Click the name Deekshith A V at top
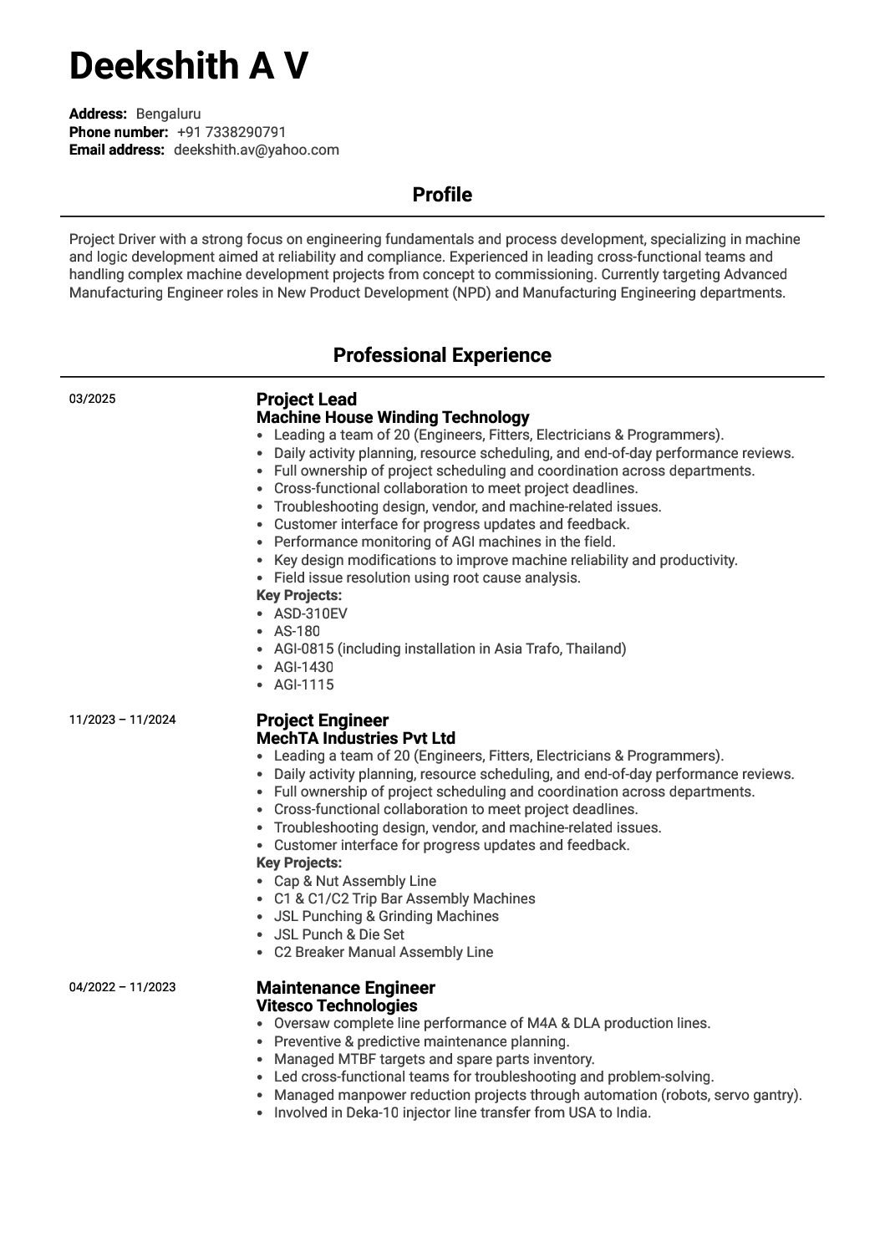point(188,66)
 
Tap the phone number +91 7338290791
point(231,132)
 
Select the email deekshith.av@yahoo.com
point(256,150)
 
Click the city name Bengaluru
point(168,115)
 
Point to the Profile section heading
point(442,195)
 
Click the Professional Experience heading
point(442,355)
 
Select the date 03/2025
point(92,399)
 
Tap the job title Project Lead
point(306,400)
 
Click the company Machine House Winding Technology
point(393,417)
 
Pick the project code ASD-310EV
point(310,613)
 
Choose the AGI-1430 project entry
point(303,667)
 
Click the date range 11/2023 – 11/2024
point(122,720)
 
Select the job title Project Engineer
point(322,720)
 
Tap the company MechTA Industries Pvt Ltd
point(355,738)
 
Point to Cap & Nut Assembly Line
point(354,881)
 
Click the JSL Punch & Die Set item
point(338,934)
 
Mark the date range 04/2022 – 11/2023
point(122,987)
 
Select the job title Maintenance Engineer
point(345,988)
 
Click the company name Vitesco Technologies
point(336,1005)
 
